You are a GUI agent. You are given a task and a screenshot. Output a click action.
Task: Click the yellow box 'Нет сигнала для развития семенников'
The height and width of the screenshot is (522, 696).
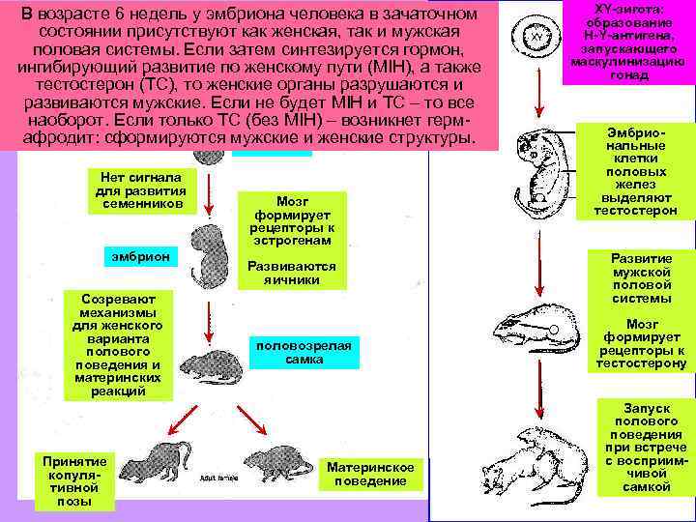click(141, 189)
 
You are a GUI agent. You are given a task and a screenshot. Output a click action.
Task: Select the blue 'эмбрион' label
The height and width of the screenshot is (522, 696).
click(140, 255)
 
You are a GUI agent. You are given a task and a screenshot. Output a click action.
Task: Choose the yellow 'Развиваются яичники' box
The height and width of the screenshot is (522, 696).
click(292, 273)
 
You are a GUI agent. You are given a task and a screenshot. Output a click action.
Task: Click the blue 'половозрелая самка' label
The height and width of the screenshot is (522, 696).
click(304, 352)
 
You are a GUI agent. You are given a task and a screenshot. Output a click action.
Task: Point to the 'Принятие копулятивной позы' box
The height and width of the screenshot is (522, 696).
click(73, 478)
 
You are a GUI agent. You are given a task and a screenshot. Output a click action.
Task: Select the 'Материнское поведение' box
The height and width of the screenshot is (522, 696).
click(370, 474)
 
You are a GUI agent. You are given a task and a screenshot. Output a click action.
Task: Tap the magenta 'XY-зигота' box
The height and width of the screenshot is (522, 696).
click(629, 43)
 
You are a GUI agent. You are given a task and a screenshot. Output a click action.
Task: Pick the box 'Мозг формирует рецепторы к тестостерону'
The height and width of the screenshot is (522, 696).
click(642, 344)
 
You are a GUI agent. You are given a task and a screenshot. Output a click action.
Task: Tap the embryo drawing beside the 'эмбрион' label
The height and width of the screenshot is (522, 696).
click(207, 253)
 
